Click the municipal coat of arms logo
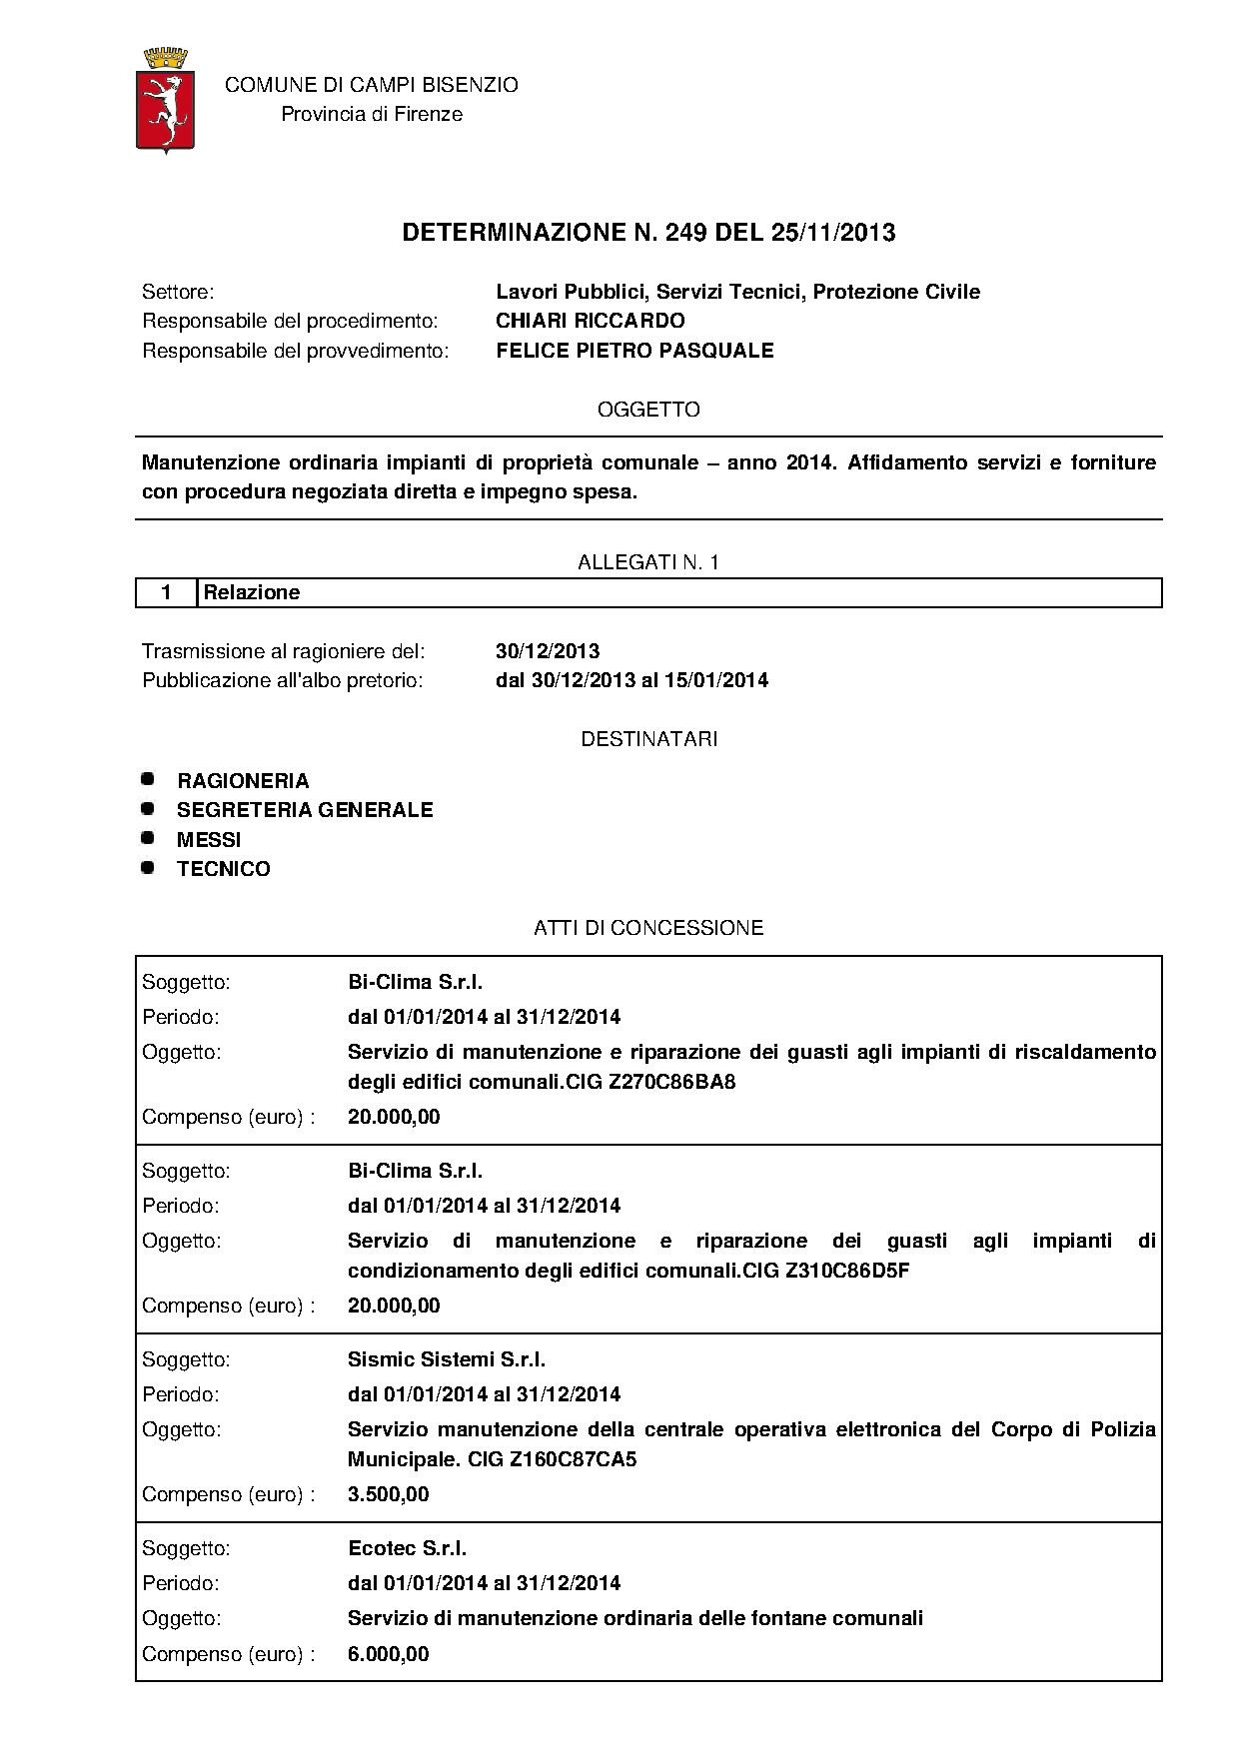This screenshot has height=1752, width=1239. pyautogui.click(x=165, y=100)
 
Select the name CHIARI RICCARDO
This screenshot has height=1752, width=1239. pyautogui.click(x=591, y=321)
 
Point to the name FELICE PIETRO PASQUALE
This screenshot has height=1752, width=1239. pyautogui.click(x=634, y=351)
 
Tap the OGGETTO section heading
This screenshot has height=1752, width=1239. pyautogui.click(x=648, y=410)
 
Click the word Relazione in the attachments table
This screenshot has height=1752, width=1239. pyautogui.click(x=252, y=592)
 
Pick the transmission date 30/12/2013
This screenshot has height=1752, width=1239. pyautogui.click(x=548, y=651)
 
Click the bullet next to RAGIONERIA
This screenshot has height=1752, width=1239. pyautogui.click(x=148, y=778)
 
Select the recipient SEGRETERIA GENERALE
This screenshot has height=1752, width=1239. pyautogui.click(x=305, y=810)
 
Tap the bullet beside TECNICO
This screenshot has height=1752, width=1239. pyautogui.click(x=148, y=867)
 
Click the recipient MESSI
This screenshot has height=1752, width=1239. pyautogui.click(x=209, y=840)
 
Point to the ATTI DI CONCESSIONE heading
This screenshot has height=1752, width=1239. pyautogui.click(x=648, y=928)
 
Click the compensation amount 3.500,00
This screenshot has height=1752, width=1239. pyautogui.click(x=389, y=1494)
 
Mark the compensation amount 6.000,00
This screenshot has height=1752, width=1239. pyautogui.click(x=389, y=1654)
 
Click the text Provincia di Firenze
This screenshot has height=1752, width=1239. pyautogui.click(x=372, y=114)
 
